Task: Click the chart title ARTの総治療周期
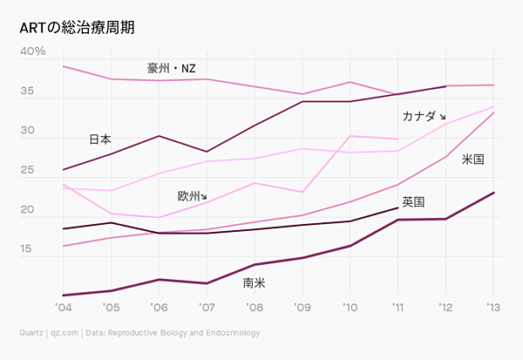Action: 77,27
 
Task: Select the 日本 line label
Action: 100,139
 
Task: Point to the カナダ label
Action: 419,116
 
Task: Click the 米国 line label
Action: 472,160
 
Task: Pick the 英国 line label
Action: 413,201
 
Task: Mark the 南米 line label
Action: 255,282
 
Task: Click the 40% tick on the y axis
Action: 33,51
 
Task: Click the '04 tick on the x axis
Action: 64,308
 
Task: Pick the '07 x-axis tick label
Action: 207,308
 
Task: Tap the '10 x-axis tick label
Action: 350,308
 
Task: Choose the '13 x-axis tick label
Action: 492,308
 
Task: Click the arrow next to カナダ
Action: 442,117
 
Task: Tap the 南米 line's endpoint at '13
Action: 493,193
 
